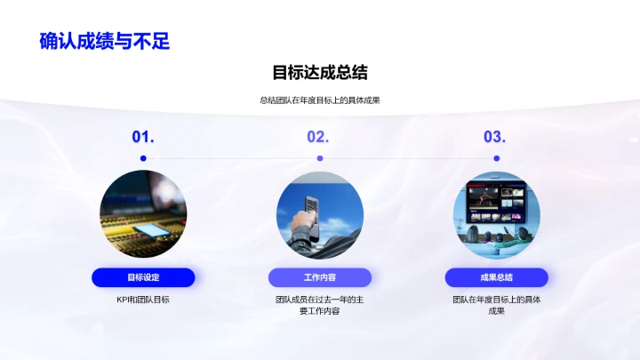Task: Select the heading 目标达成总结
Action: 320,72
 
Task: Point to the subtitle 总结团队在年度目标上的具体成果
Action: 320,100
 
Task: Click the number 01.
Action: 143,137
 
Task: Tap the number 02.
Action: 318,137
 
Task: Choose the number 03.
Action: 494,137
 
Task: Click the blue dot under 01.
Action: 143,158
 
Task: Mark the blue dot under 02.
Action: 320,158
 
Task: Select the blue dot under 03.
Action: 497,158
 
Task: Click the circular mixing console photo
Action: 143,213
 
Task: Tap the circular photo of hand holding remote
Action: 320,213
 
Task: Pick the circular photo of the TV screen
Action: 497,213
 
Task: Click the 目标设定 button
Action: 143,277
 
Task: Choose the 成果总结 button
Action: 497,277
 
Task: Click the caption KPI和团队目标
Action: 143,300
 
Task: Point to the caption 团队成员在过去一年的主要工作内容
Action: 320,305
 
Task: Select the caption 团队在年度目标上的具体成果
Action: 497,305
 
